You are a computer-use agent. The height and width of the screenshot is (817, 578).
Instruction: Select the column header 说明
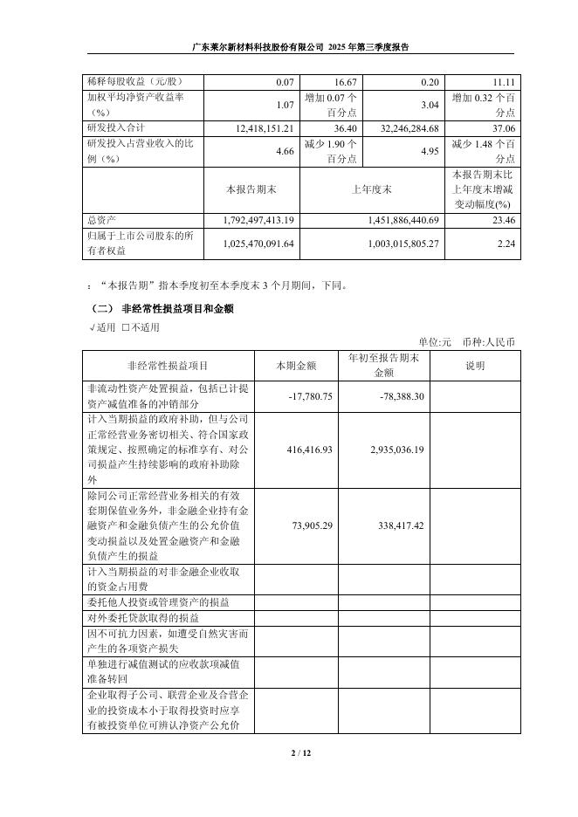[475, 366]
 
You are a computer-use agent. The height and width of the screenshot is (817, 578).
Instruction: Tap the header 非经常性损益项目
[168, 366]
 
